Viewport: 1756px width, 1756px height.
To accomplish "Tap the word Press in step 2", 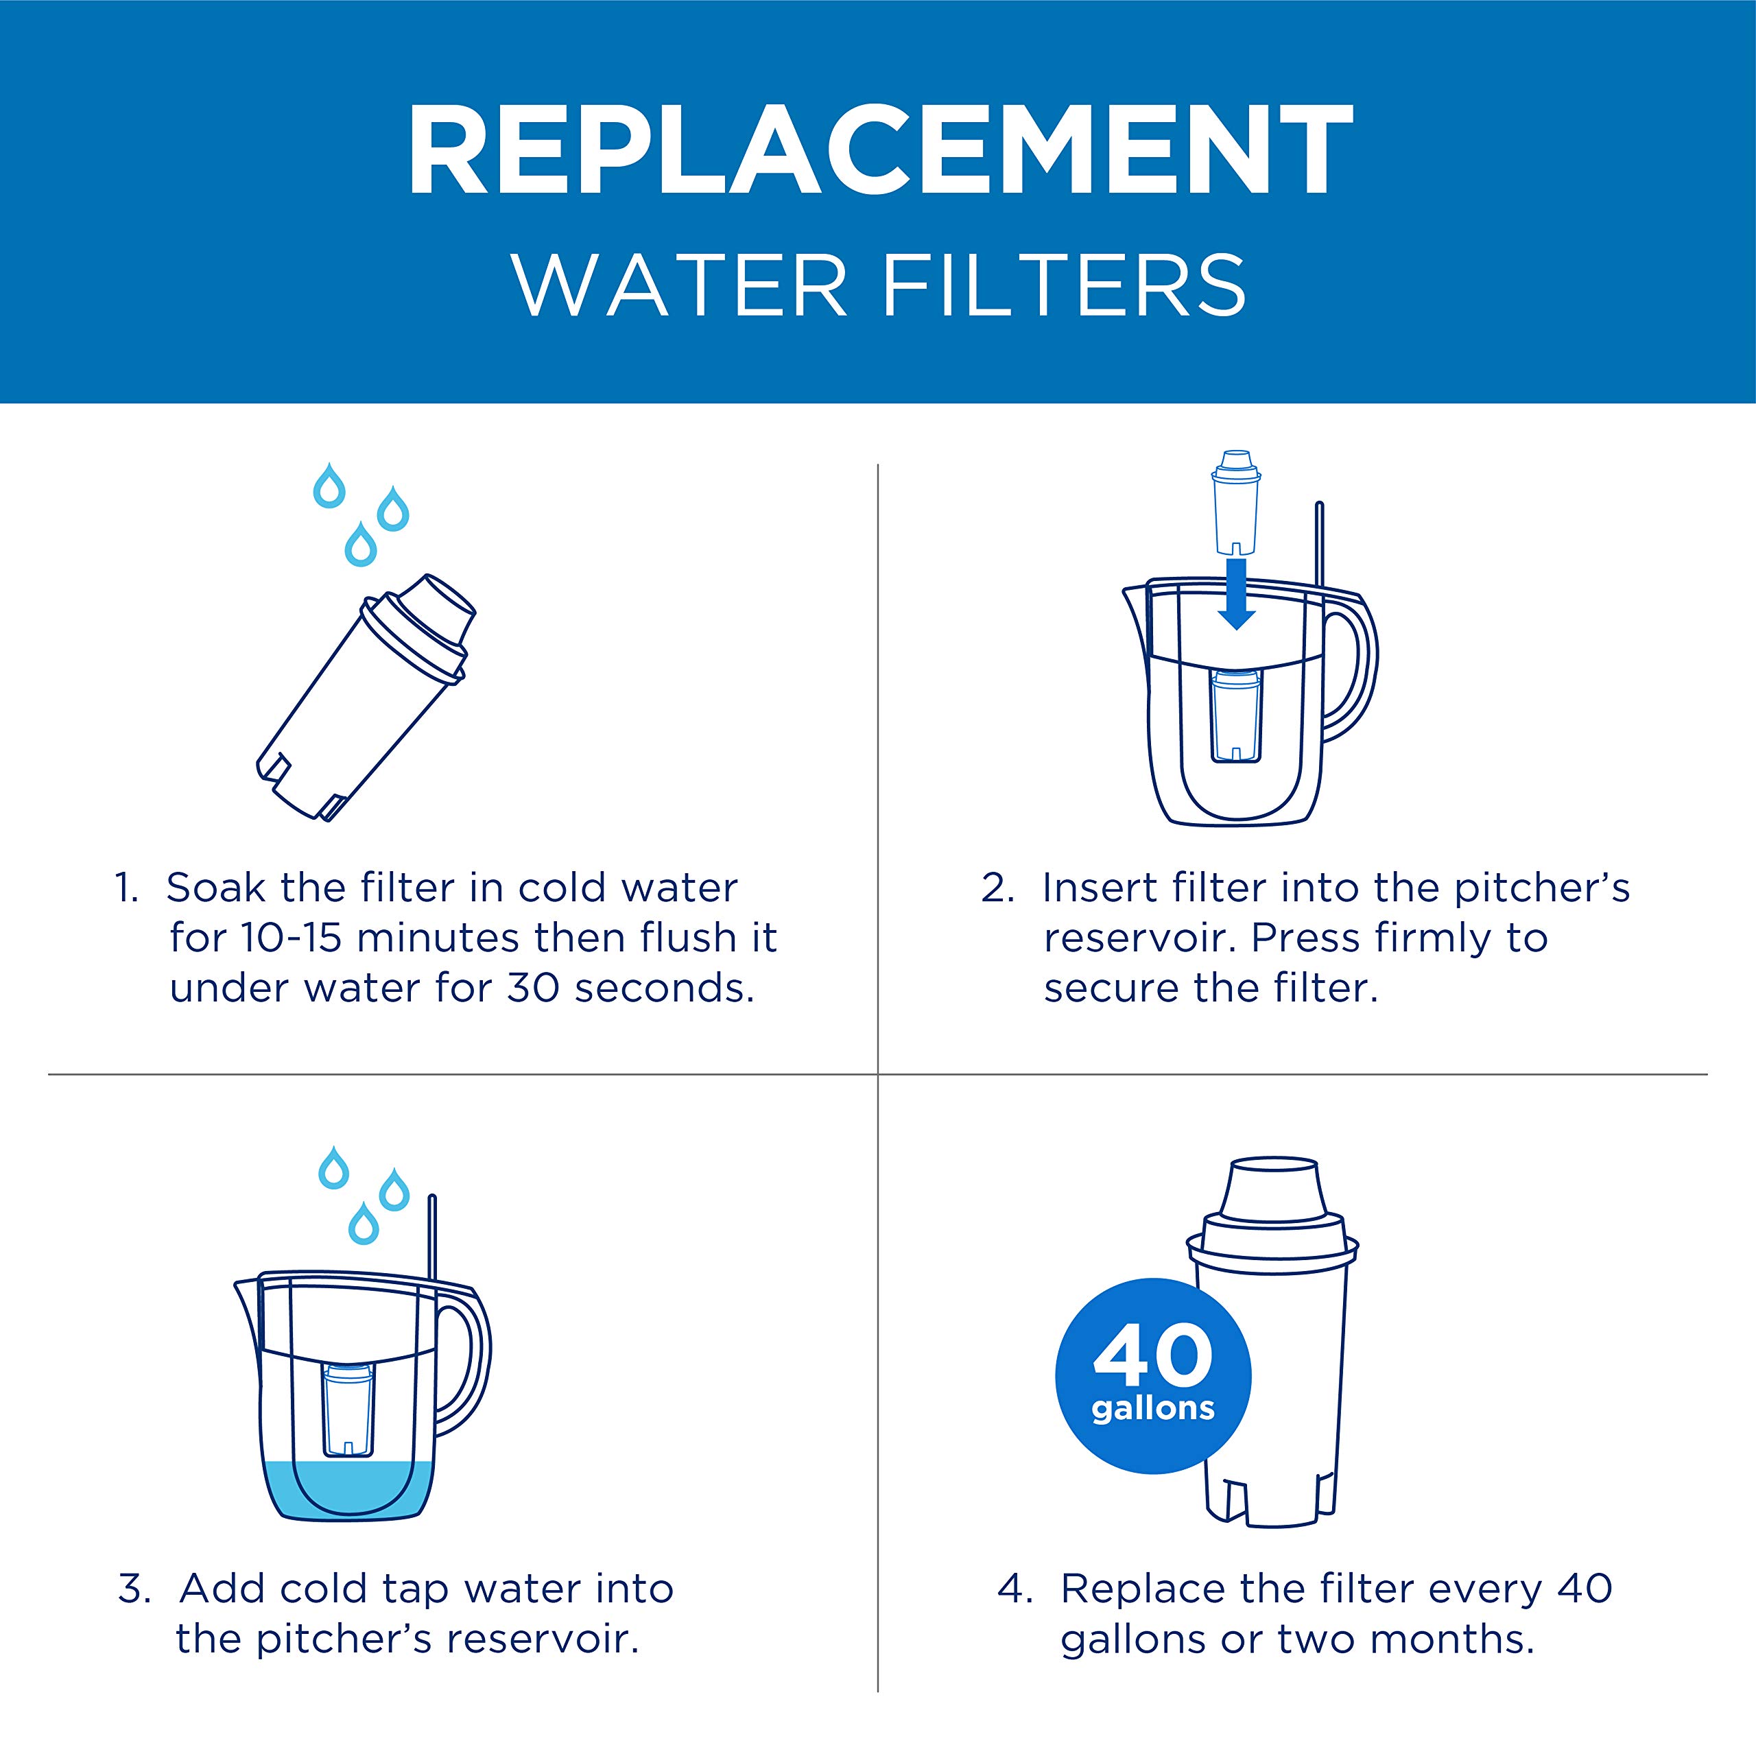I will point(1306,938).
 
